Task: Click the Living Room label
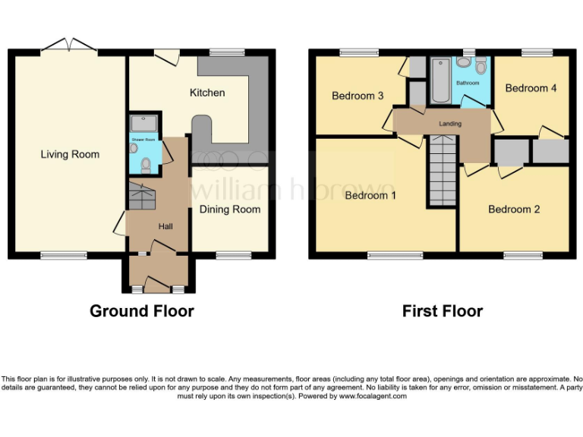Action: click(70, 155)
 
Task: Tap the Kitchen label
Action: click(207, 93)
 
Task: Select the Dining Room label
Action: click(229, 209)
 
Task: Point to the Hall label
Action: click(165, 226)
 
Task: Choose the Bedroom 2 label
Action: click(514, 209)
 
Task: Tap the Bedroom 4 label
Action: click(531, 88)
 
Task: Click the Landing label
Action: click(450, 124)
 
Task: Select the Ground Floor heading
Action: click(141, 311)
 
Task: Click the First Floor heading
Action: click(443, 311)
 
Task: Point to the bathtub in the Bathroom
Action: click(440, 82)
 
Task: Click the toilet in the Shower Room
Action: click(134, 149)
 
